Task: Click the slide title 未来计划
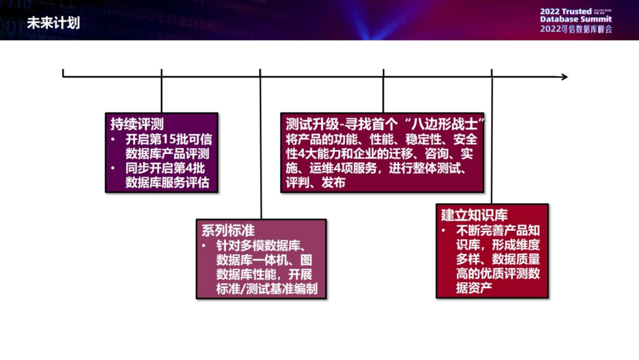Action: pyautogui.click(x=53, y=23)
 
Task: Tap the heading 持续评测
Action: pyautogui.click(x=137, y=124)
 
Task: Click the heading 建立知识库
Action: pyautogui.click(x=474, y=214)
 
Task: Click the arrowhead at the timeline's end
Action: pyautogui.click(x=564, y=76)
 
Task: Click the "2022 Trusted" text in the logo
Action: pyautogui.click(x=565, y=11)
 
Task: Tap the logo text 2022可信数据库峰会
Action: pyautogui.click(x=576, y=29)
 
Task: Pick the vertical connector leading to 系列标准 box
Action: pyautogui.click(x=260, y=148)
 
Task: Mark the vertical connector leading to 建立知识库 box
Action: pyautogui.click(x=492, y=139)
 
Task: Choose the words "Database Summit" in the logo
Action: pyautogui.click(x=576, y=19)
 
